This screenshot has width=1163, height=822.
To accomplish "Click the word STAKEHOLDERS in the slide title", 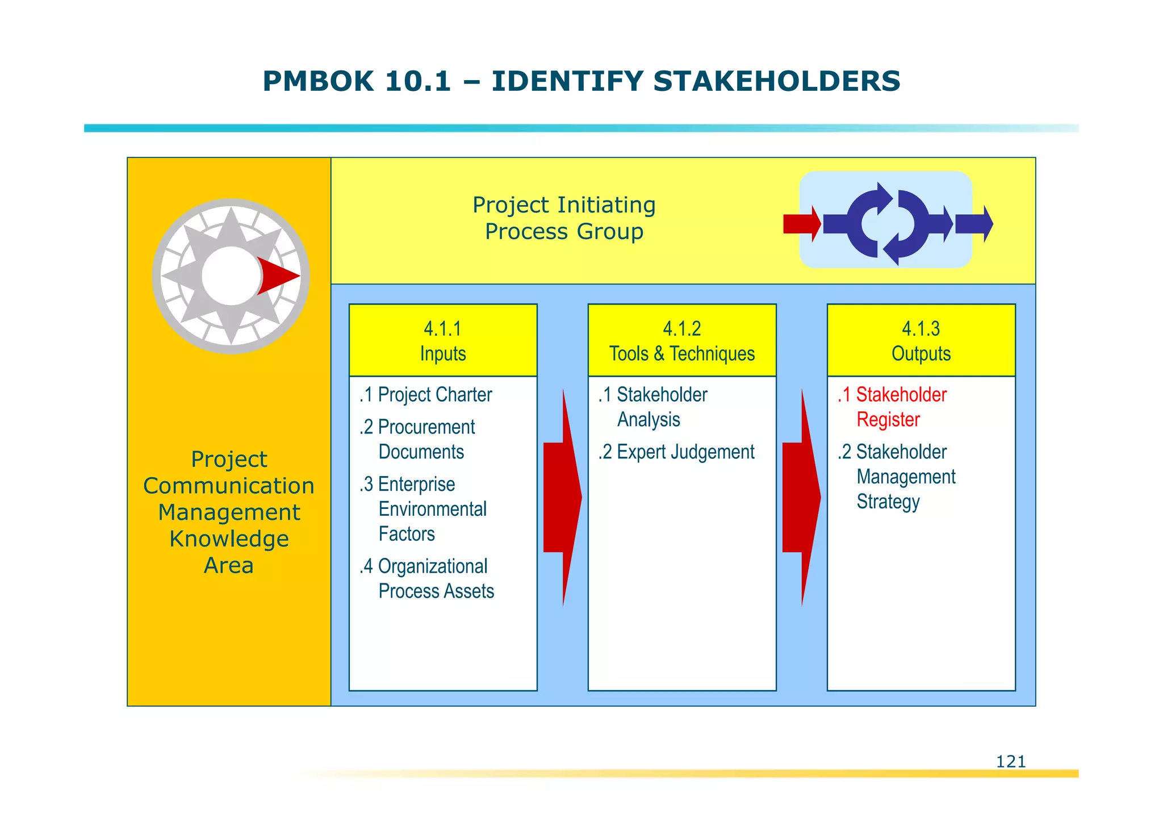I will click(776, 81).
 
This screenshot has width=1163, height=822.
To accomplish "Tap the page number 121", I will click(1011, 761).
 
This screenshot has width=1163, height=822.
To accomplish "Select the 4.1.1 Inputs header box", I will click(443, 340).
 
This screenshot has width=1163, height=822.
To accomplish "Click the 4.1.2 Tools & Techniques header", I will click(682, 340).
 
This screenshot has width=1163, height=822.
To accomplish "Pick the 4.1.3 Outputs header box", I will click(921, 340).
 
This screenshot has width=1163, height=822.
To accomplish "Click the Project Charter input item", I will click(426, 395).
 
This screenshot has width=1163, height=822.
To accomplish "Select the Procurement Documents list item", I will click(420, 439).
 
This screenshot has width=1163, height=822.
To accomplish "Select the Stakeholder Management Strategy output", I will click(897, 477).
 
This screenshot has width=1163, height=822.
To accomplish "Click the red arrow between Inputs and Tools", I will click(562, 497).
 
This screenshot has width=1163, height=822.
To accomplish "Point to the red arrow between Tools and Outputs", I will click(801, 497).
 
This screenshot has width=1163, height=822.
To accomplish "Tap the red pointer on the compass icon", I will click(277, 276).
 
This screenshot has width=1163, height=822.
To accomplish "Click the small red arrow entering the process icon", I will click(801, 224).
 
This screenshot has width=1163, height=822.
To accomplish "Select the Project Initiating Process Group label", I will click(564, 218).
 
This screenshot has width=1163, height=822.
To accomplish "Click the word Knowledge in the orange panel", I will click(229, 539).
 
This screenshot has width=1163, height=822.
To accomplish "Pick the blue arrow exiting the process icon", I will click(974, 224).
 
